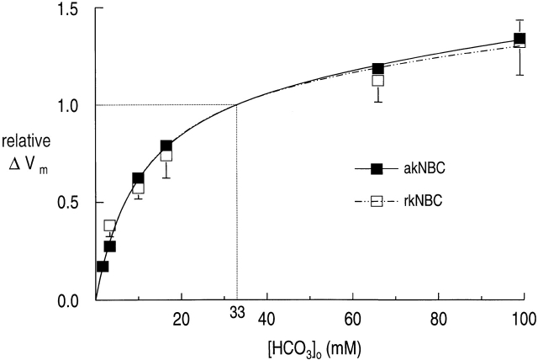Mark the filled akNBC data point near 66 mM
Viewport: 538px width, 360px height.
coord(378,69)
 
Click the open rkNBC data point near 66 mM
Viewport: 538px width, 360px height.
coord(378,81)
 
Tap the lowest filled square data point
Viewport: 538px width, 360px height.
coord(103,267)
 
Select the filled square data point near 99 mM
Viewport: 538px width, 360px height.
coord(520,40)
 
